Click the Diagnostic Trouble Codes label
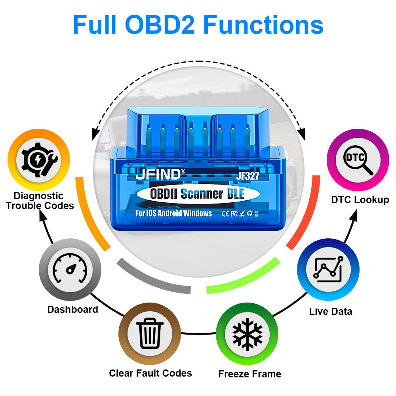point(40,201)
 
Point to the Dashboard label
point(72,309)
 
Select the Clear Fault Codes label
point(150,373)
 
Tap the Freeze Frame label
point(249,374)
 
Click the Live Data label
point(330,311)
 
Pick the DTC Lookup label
point(360,200)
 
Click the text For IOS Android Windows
point(173,214)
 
